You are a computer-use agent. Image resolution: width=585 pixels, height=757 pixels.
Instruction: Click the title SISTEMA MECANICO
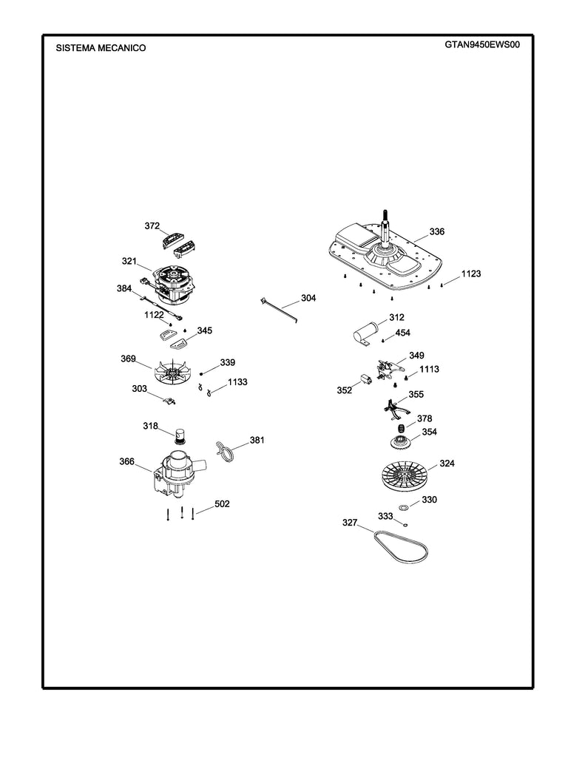[101, 48]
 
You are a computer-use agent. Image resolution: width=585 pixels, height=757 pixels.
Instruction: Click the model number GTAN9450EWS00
[482, 44]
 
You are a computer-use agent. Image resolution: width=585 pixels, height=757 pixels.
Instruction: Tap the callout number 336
[436, 231]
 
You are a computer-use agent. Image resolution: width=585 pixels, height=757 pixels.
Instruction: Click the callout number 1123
[470, 274]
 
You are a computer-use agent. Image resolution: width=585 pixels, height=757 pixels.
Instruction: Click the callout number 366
[126, 461]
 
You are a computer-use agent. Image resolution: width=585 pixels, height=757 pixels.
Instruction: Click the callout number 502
[222, 503]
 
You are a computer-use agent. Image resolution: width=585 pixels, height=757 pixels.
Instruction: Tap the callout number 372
[152, 225]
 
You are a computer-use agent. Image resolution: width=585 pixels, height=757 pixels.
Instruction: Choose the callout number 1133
[237, 381]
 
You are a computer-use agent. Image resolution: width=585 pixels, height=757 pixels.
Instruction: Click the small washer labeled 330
[404, 508]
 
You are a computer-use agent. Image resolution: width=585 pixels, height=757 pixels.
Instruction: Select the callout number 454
[402, 333]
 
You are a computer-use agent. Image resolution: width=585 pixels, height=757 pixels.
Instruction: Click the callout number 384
[124, 288]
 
